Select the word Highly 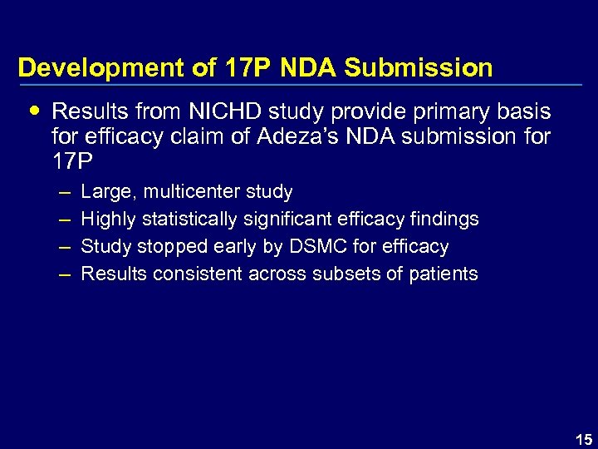coord(110,220)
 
